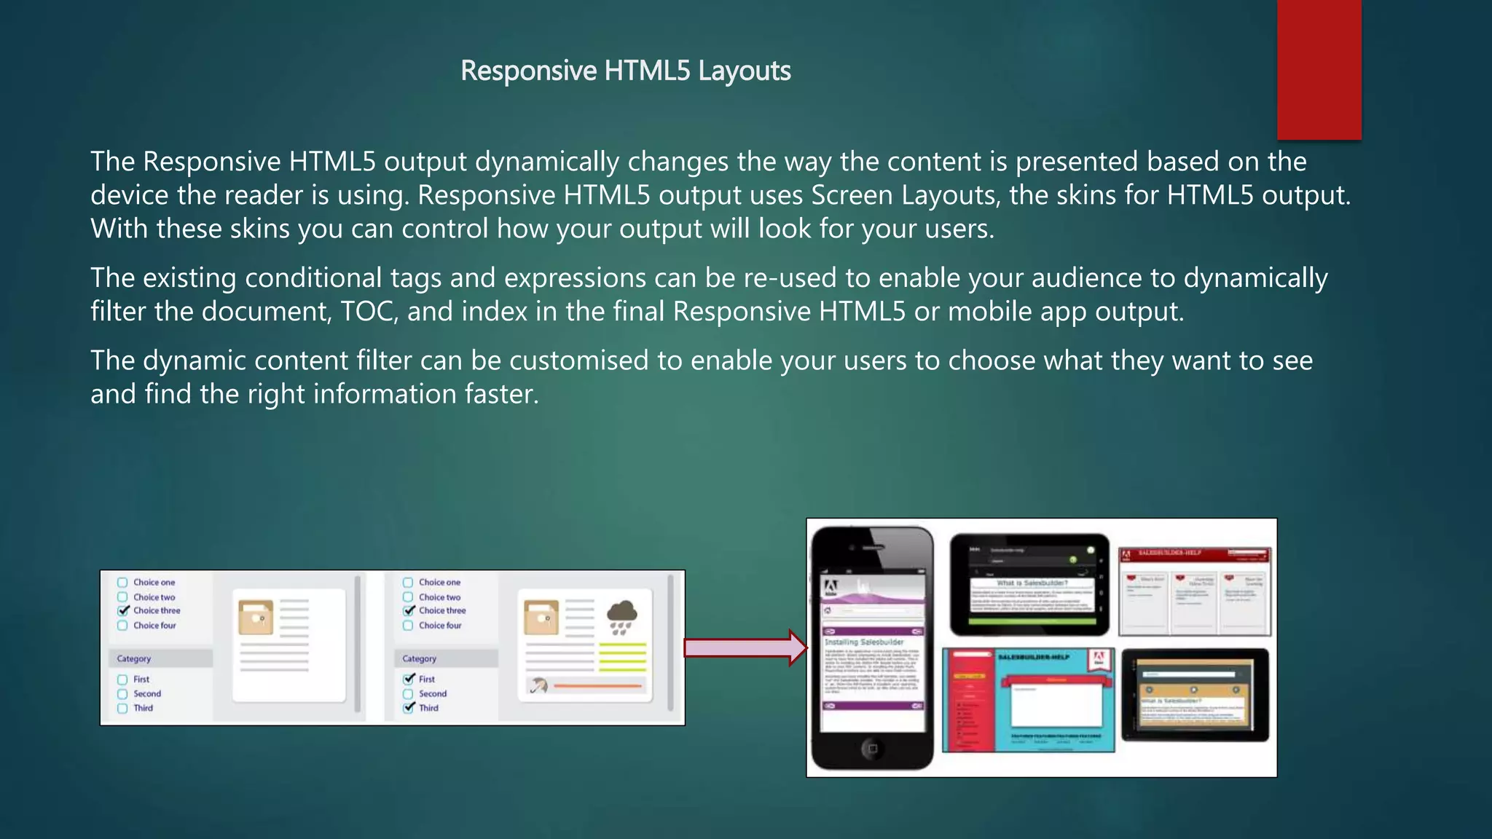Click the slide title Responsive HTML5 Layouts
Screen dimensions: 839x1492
click(x=625, y=71)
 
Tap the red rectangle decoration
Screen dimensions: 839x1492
click(x=1319, y=69)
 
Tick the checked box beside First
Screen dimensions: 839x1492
click(x=409, y=679)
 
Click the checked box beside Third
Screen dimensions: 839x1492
click(x=409, y=707)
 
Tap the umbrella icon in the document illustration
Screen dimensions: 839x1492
click(x=538, y=685)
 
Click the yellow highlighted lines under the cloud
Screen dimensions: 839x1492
click(x=622, y=656)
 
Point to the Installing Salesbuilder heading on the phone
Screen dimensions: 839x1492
click(x=864, y=642)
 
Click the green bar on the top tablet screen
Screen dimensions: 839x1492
click(x=1032, y=623)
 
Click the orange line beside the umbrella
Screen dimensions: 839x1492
click(x=597, y=685)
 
